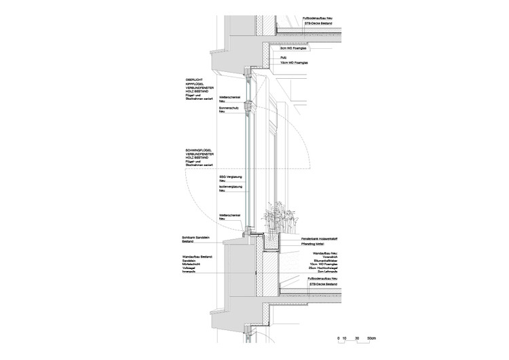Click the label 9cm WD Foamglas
click(x=295, y=48)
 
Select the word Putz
click(x=284, y=58)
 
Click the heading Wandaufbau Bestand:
click(x=197, y=256)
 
